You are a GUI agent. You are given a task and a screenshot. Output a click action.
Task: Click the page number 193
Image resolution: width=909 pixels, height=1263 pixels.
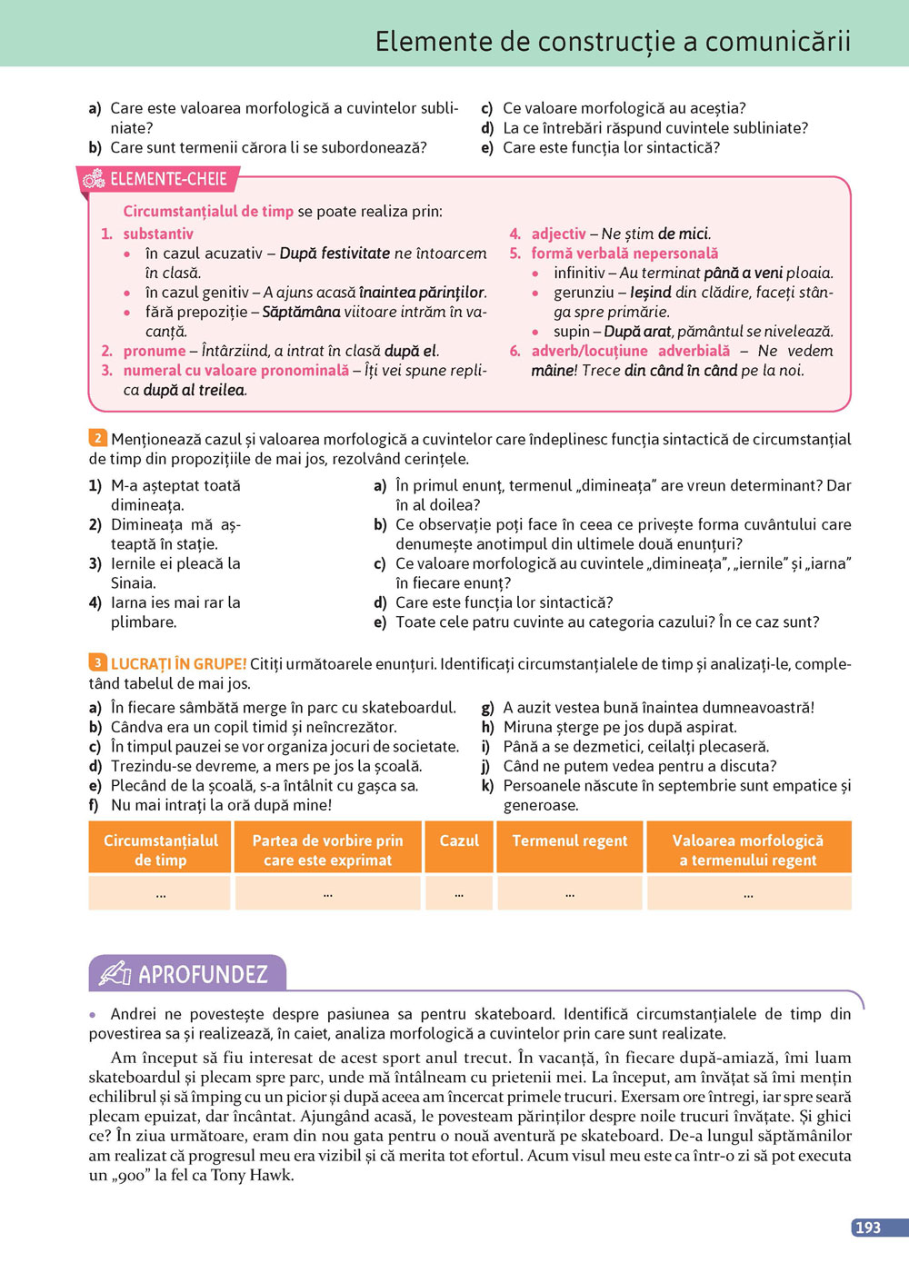pos(868,1228)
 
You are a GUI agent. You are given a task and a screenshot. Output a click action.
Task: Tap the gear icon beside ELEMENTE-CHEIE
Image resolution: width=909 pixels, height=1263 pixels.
pos(94,179)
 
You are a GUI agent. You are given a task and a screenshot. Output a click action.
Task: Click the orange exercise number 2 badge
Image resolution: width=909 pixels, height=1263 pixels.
pos(97,438)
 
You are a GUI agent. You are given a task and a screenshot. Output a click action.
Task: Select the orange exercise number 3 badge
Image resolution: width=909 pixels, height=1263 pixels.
pos(97,663)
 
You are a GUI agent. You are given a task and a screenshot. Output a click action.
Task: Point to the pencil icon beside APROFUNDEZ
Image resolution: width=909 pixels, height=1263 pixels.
pos(115,974)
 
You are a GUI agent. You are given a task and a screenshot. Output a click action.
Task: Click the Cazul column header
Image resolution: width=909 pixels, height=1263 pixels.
pos(459,841)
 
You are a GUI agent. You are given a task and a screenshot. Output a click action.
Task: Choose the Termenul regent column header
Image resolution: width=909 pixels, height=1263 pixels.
pos(570,841)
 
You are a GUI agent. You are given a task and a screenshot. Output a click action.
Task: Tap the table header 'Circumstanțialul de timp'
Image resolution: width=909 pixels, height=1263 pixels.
pos(161,850)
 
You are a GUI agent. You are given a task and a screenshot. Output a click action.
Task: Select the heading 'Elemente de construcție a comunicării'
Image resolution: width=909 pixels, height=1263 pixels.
pos(613,42)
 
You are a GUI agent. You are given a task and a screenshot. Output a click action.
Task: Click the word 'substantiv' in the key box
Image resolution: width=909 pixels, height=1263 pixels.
pos(158,234)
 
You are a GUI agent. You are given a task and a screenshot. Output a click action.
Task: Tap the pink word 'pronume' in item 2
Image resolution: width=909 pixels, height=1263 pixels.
pos(155,351)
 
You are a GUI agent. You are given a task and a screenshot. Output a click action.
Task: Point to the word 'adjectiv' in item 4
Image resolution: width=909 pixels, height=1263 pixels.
pos(558,234)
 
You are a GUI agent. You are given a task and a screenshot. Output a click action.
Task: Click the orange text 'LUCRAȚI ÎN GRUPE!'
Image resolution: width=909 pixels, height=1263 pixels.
pos(178,664)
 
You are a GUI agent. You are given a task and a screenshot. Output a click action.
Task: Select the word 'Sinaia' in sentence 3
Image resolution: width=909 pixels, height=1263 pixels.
pos(132,583)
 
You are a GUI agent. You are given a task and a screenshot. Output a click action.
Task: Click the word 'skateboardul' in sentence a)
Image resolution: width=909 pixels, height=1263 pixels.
pos(408,708)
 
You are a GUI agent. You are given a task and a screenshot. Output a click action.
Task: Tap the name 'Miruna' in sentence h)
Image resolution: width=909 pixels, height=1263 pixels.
pos(527,727)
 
